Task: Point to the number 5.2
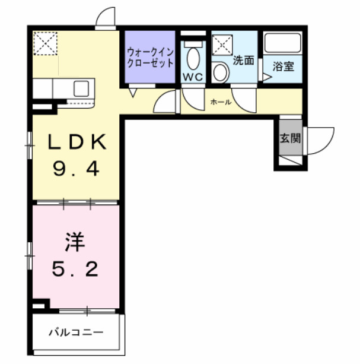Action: [75, 270]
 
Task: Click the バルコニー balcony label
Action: [75, 332]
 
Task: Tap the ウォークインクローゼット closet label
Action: [149, 57]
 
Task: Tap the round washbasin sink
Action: [221, 72]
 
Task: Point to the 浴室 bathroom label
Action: [283, 67]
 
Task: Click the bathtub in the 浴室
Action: [283, 45]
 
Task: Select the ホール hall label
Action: [221, 102]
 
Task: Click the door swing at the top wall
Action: [106, 18]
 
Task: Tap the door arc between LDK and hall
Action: [165, 102]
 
